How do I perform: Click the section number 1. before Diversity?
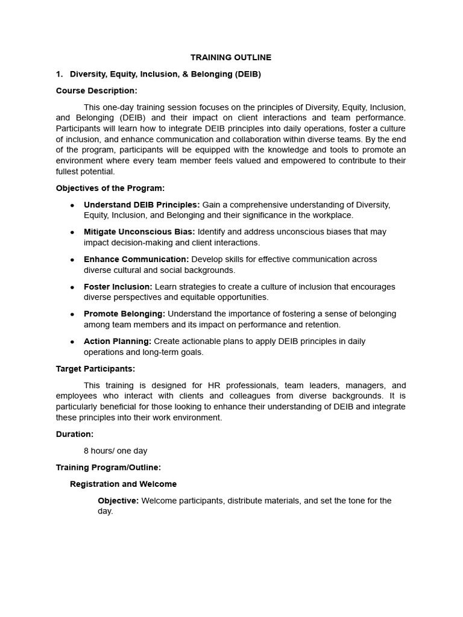point(59,74)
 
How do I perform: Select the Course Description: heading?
point(96,90)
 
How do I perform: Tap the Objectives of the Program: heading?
point(110,188)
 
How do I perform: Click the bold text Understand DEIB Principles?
point(142,205)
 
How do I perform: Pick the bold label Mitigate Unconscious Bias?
point(139,232)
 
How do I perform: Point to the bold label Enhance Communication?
point(136,259)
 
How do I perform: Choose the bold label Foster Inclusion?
point(118,287)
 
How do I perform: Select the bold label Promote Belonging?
point(124,314)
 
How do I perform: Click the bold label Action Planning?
point(118,341)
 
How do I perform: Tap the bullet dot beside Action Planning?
point(72,342)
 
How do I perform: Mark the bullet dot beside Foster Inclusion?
point(72,287)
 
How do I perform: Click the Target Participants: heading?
point(95,369)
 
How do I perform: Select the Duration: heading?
point(75,434)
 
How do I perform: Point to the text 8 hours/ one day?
point(115,451)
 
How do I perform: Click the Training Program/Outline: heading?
point(109,467)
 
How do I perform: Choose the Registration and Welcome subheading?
point(123,484)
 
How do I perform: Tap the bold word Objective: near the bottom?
point(118,501)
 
